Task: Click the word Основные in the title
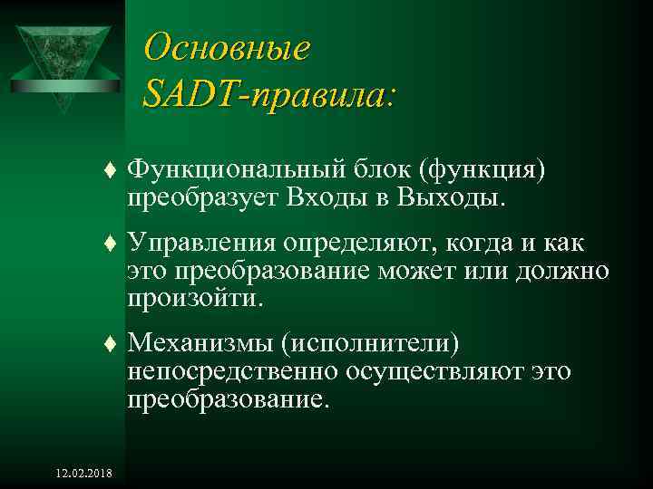(227, 46)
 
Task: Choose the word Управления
(201, 245)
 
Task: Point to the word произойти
(194, 298)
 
